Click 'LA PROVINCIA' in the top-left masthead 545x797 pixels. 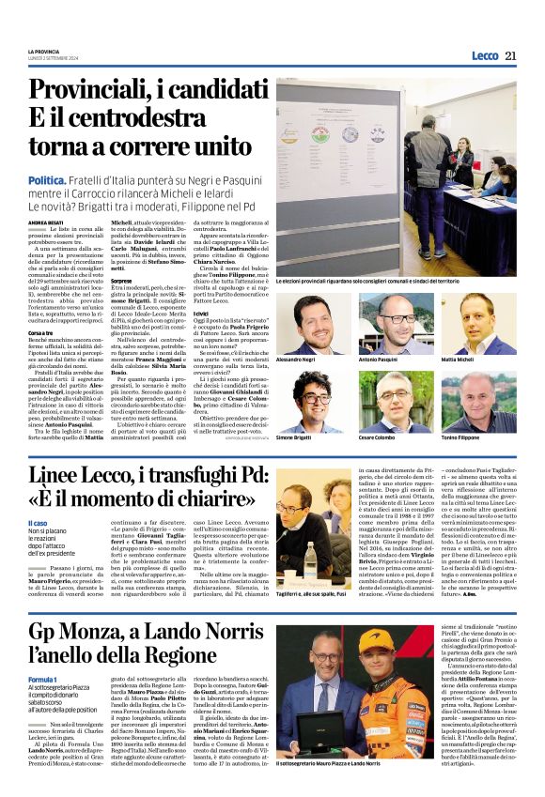pos(45,50)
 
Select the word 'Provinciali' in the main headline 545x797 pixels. pos(105,91)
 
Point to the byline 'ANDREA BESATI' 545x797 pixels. pos(46,222)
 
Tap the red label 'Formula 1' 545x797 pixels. pos(43,678)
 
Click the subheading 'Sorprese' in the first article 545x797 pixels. pos(121,281)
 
